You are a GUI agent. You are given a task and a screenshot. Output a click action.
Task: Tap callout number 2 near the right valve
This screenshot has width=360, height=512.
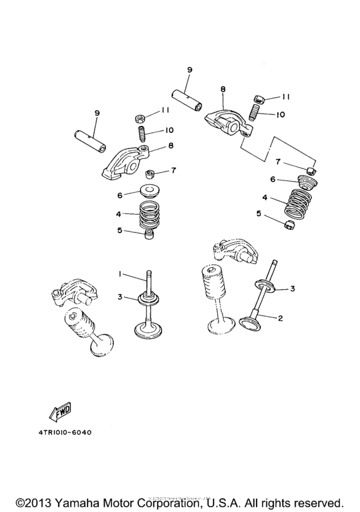[280, 317]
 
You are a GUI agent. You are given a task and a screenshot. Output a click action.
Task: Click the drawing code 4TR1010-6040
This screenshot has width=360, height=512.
[60, 432]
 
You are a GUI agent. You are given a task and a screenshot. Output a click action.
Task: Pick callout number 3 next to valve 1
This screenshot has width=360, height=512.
[120, 296]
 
